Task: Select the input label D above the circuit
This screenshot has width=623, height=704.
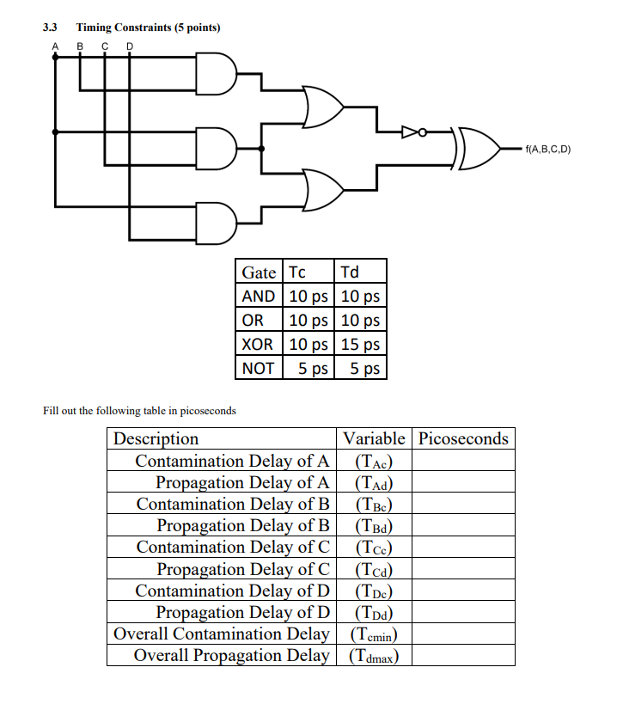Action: (130, 46)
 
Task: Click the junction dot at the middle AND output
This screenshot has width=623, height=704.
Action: (262, 149)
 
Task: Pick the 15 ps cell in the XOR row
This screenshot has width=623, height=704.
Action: (360, 345)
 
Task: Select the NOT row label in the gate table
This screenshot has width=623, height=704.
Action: (258, 369)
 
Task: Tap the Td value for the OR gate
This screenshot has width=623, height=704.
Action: (360, 321)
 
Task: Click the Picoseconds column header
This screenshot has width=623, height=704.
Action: (463, 438)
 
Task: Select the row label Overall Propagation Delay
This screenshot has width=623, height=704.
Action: (231, 655)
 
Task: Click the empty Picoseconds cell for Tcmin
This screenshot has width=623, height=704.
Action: (463, 634)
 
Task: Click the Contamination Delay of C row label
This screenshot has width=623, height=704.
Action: (233, 547)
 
